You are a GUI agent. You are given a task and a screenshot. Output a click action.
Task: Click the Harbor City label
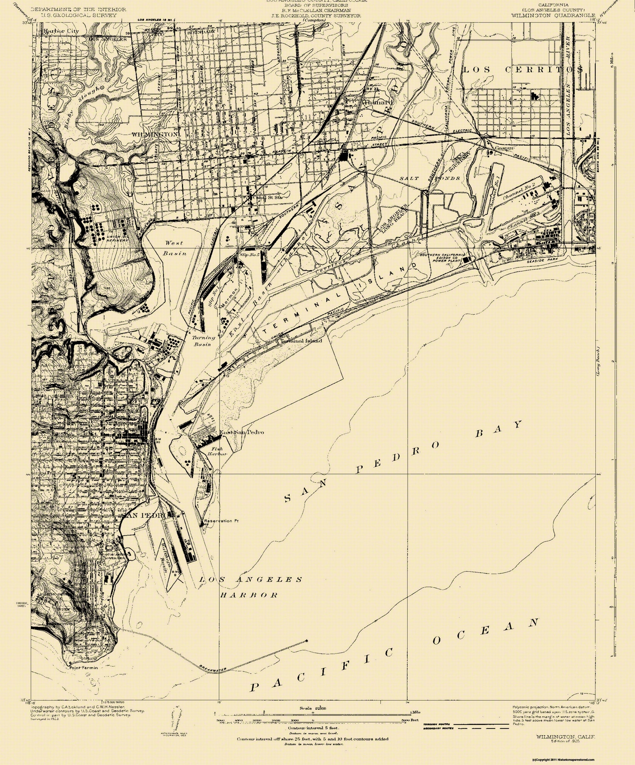point(61,31)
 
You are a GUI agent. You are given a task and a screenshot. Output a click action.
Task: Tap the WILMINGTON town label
point(155,134)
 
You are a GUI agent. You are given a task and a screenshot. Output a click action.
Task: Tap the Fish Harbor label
point(217,452)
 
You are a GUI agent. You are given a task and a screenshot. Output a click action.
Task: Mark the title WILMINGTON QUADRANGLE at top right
point(553,15)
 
